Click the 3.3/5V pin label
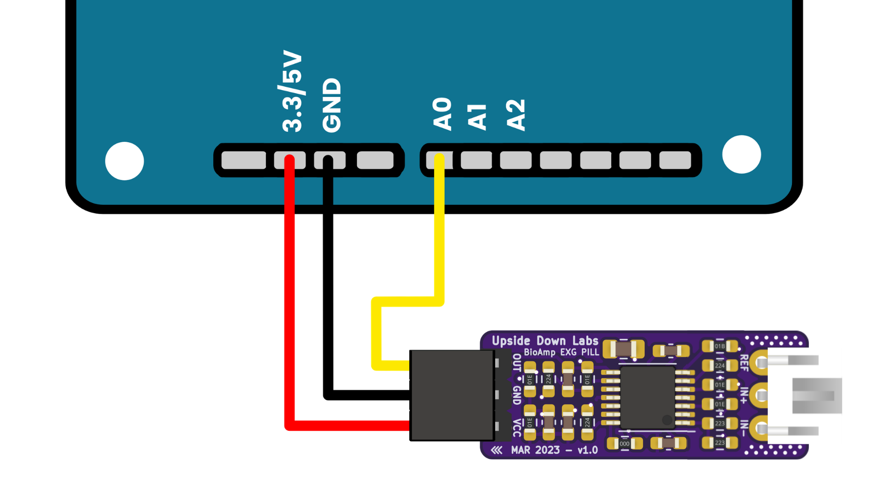pyautogui.click(x=292, y=91)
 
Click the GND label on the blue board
pyautogui.click(x=331, y=105)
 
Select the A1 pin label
pyautogui.click(x=477, y=117)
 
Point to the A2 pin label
pyautogui.click(x=515, y=115)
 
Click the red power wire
pyautogui.click(x=289, y=297)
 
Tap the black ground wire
pyautogui.click(x=328, y=284)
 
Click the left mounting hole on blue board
pyautogui.click(x=125, y=161)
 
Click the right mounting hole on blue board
pyautogui.click(x=741, y=155)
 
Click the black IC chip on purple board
pyautogui.click(x=647, y=397)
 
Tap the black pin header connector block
pyautogui.click(x=452, y=396)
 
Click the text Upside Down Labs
pyautogui.click(x=545, y=341)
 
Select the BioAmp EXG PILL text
pyautogui.click(x=561, y=352)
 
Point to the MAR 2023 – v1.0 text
pyautogui.click(x=554, y=450)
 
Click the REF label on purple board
pyautogui.click(x=744, y=362)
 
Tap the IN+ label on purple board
pyautogui.click(x=744, y=395)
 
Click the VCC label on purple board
pyautogui.click(x=516, y=428)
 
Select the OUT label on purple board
pyautogui.click(x=516, y=362)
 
